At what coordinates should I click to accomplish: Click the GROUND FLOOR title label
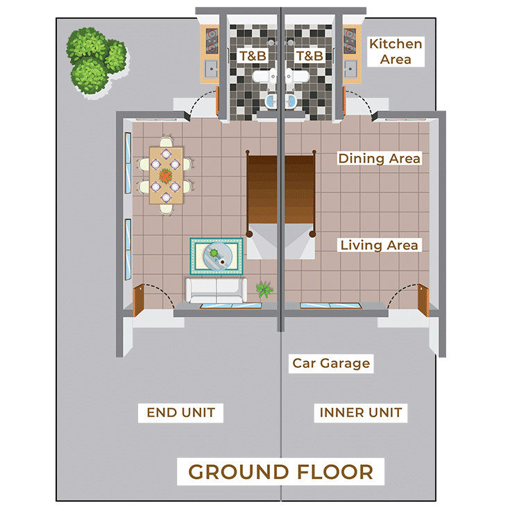tap(280, 472)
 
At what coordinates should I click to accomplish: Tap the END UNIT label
tap(181, 413)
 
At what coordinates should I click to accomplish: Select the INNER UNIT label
tap(361, 413)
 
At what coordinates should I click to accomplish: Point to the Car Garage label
tap(331, 363)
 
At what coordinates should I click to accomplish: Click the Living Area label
tap(380, 245)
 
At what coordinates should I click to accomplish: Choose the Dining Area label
tap(380, 158)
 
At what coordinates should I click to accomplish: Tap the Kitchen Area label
tap(396, 51)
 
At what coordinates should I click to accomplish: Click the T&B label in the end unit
tap(253, 56)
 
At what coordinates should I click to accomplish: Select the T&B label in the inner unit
tap(309, 56)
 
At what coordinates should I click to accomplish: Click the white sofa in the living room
tap(216, 290)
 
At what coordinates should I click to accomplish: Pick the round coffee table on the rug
tap(218, 256)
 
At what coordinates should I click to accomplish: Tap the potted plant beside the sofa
tap(264, 289)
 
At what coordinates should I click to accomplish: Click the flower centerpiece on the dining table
tap(166, 176)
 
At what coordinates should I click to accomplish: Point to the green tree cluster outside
tap(96, 61)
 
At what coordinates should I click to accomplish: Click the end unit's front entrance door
tap(138, 300)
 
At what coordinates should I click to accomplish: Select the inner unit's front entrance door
tap(423, 300)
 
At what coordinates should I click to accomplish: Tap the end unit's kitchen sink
tap(211, 69)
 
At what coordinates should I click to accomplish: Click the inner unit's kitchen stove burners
tap(350, 41)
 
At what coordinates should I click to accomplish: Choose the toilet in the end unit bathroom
tap(264, 77)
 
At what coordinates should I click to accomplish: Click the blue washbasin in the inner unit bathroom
tap(291, 101)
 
